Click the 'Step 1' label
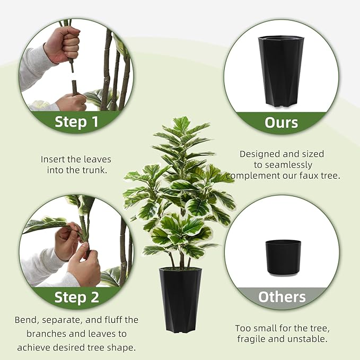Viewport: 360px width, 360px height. [76, 122]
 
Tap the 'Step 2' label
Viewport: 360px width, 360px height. [76, 297]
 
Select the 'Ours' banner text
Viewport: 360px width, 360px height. [281, 122]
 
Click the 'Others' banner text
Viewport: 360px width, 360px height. [282, 297]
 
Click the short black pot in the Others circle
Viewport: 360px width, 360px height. [283, 257]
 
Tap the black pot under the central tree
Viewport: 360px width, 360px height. [180, 300]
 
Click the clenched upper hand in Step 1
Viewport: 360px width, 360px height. [63, 45]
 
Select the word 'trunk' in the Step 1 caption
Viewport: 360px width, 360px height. [96, 170]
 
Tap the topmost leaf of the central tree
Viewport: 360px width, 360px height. [181, 124]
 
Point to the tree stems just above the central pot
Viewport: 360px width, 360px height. [180, 260]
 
